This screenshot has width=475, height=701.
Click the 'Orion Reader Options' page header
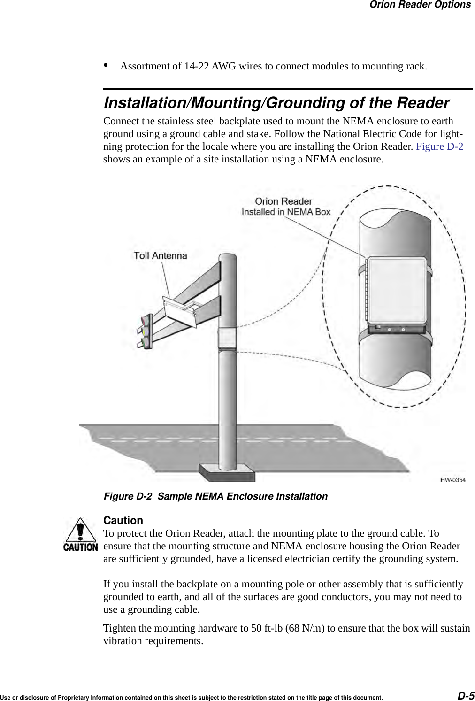(x=420, y=5)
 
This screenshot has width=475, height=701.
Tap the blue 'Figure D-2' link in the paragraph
(x=439, y=146)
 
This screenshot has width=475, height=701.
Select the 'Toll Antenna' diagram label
(x=160, y=256)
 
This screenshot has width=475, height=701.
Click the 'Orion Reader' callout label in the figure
(x=283, y=201)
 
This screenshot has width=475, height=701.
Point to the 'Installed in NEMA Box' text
(x=286, y=212)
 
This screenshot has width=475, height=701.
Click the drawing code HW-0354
(x=452, y=480)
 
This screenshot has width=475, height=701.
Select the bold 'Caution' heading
(x=123, y=520)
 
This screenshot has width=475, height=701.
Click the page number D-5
(x=466, y=695)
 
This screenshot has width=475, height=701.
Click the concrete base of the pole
(x=227, y=472)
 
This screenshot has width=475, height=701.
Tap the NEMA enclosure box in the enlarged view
(x=396, y=293)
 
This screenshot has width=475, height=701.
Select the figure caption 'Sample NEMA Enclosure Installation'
(x=242, y=496)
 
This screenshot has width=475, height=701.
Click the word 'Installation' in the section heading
(x=145, y=103)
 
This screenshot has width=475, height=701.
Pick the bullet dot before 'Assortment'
(x=106, y=65)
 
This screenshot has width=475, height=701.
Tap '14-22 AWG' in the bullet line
(x=209, y=66)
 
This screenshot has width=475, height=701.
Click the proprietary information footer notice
(x=191, y=698)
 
